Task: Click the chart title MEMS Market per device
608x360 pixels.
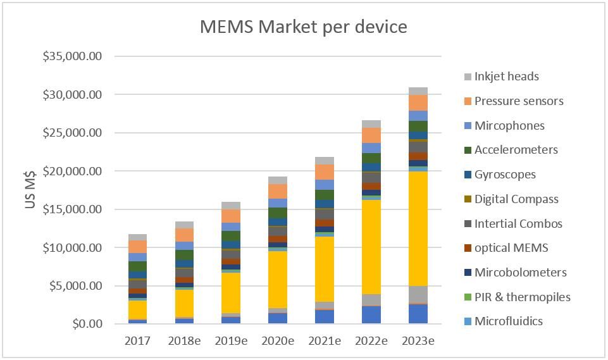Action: tap(303, 27)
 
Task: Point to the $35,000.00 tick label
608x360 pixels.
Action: tap(72, 56)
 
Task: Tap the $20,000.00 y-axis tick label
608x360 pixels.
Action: tap(72, 171)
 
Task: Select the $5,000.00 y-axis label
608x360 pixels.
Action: tap(75, 285)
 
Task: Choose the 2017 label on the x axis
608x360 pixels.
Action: tap(137, 341)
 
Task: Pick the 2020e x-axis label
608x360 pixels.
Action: tap(278, 341)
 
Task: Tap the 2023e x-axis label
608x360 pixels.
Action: tap(418, 341)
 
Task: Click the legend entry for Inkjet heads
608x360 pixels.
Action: tap(506, 77)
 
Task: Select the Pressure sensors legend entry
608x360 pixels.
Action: tap(518, 101)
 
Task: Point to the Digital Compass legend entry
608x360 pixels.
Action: tap(516, 199)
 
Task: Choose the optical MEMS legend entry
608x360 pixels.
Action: tap(511, 248)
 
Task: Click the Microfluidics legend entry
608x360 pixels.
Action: tap(508, 321)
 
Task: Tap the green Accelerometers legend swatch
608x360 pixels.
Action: tap(468, 151)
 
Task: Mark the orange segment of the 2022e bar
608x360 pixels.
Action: tap(371, 135)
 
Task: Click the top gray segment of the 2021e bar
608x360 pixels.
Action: tap(325, 161)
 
